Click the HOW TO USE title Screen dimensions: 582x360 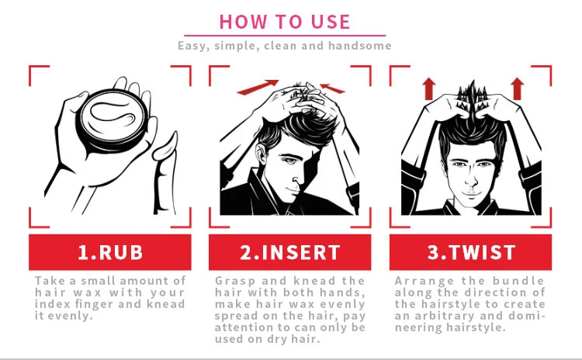[x=285, y=22]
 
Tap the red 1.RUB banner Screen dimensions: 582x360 [x=110, y=252]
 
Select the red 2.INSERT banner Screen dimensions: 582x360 [x=290, y=252]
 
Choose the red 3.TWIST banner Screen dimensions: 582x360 [x=470, y=252]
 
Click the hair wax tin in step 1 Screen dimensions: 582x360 [x=113, y=119]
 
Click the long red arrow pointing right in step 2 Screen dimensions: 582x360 [x=258, y=87]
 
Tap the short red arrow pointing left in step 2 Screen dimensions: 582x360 [x=332, y=88]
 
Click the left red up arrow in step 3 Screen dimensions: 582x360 [x=428, y=88]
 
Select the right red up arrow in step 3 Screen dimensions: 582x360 [x=518, y=88]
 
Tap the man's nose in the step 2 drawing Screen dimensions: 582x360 [x=296, y=178]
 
